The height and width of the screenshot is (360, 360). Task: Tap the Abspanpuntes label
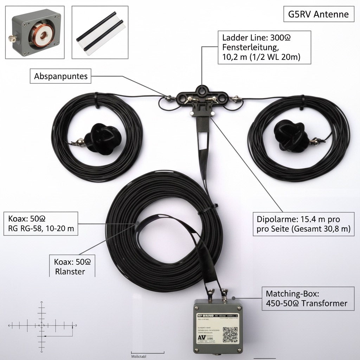click(61, 76)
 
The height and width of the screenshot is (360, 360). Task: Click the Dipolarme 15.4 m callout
click(303, 224)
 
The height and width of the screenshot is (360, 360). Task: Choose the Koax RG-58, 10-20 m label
click(41, 223)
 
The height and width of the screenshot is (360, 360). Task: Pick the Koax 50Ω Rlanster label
click(72, 266)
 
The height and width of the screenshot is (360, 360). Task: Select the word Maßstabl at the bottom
click(139, 356)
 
